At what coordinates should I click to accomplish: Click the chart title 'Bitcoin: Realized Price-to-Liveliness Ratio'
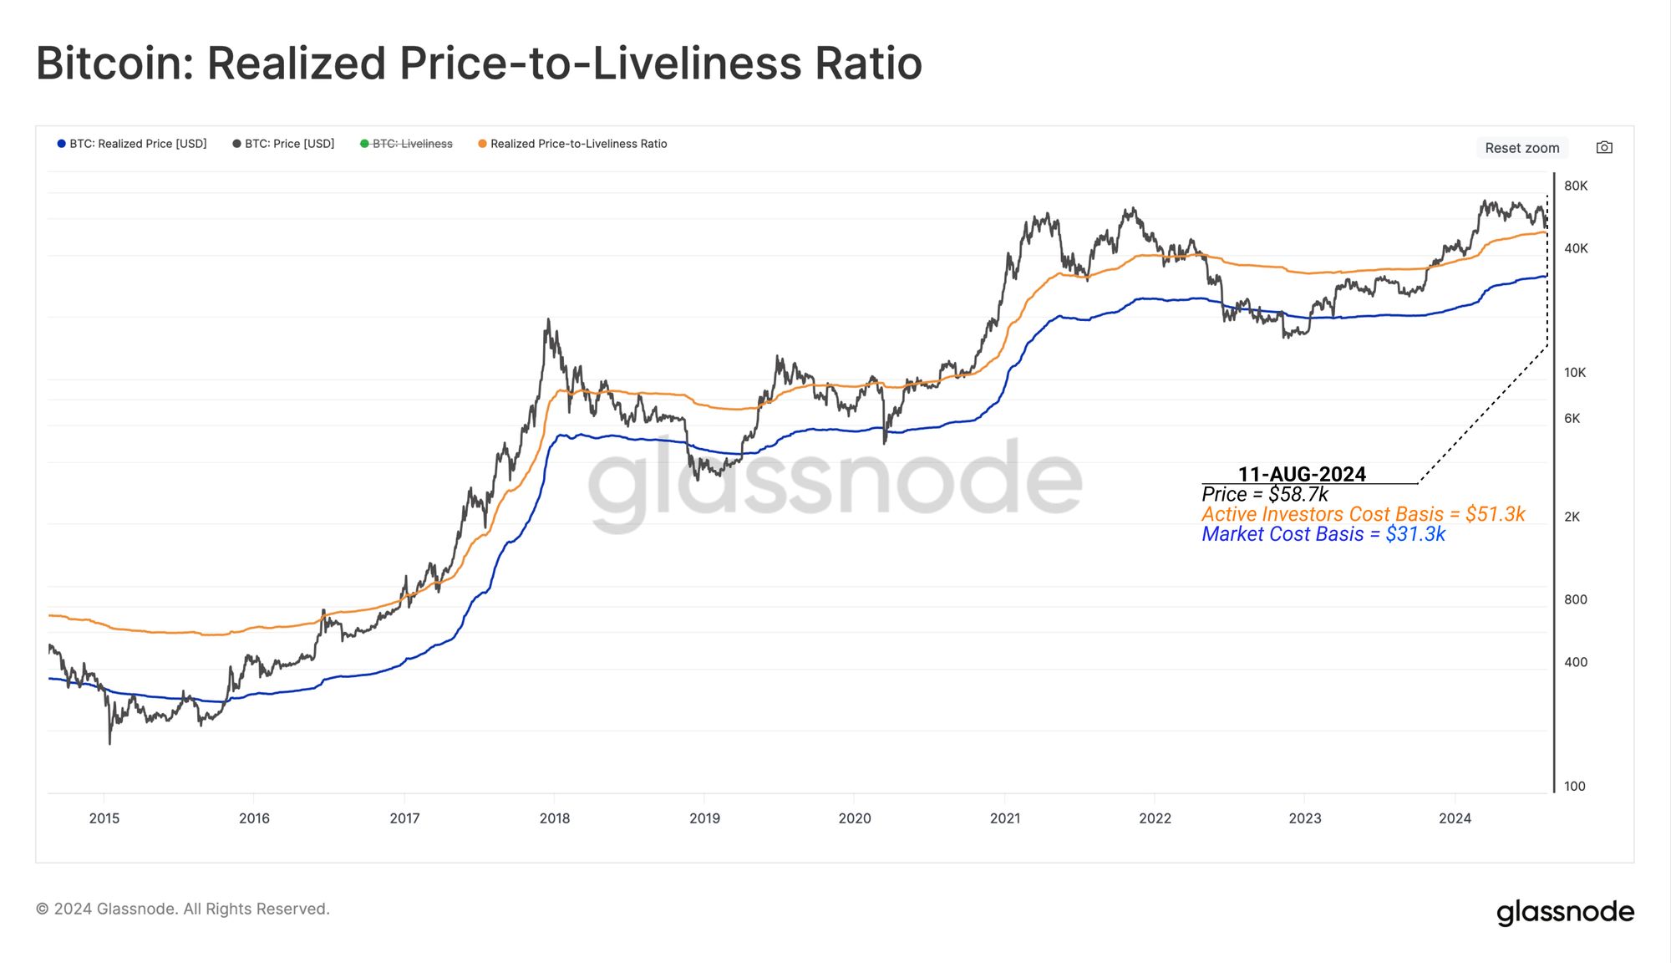tap(479, 64)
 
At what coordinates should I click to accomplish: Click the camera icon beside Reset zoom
tap(1604, 148)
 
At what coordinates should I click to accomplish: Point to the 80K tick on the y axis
tap(1576, 186)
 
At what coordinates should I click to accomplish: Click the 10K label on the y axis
tap(1575, 373)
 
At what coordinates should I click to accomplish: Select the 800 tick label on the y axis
tap(1575, 599)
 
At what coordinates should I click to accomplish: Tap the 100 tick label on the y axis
tap(1574, 786)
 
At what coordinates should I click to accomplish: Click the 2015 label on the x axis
tap(104, 818)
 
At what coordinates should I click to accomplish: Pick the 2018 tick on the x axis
tap(555, 818)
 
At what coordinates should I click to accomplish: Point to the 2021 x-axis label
tap(1005, 818)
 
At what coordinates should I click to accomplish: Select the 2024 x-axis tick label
tap(1455, 818)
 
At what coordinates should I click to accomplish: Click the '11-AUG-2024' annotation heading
tap(1302, 474)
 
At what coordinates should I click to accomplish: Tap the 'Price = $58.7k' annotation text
tap(1265, 494)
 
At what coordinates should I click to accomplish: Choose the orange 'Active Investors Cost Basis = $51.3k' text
tap(1364, 514)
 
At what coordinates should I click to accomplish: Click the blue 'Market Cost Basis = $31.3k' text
tap(1323, 534)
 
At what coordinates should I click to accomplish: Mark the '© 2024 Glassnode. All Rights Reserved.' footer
tap(183, 909)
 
